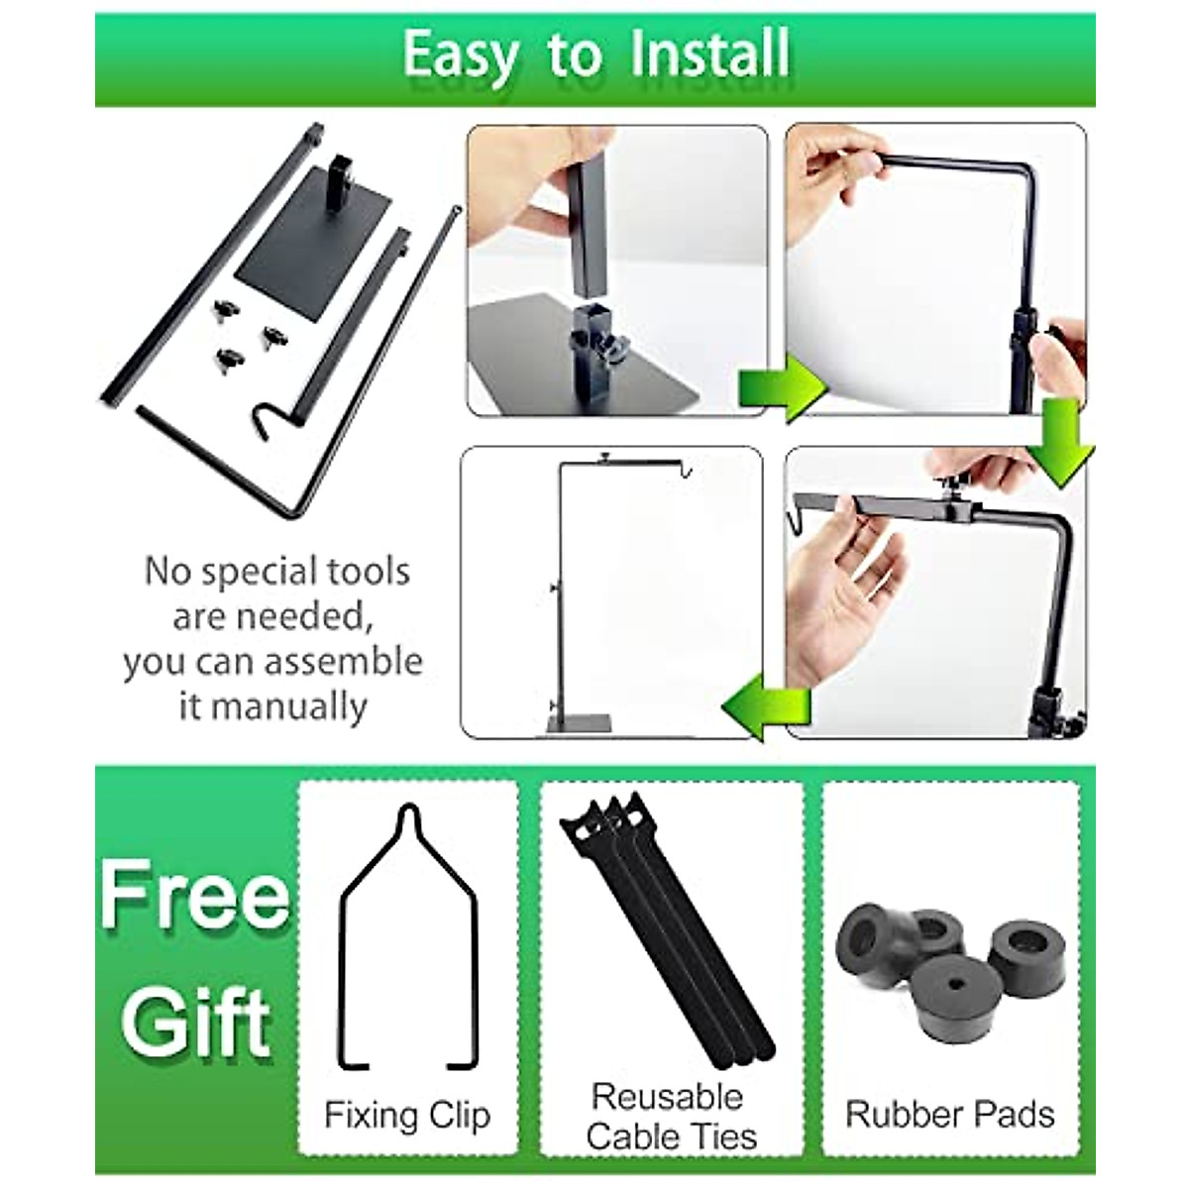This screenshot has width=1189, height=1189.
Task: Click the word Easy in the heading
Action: (460, 56)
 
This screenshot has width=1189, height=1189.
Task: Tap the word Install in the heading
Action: (709, 54)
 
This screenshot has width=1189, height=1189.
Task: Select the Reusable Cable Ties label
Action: (670, 1116)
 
